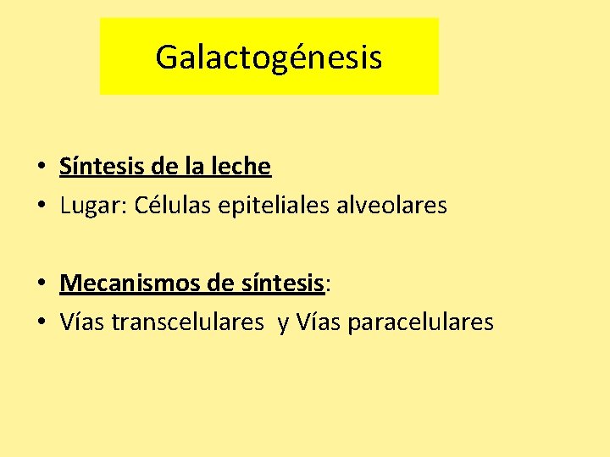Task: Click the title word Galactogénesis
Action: [269, 58]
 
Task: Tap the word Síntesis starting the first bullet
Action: [94, 166]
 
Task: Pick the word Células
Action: [164, 205]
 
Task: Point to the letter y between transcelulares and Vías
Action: [283, 323]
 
